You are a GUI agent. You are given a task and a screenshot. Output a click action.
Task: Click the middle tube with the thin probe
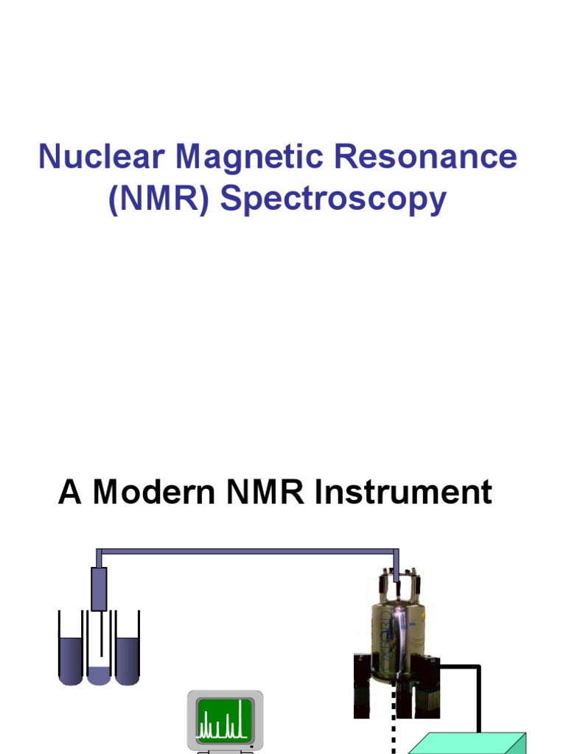pyautogui.click(x=99, y=655)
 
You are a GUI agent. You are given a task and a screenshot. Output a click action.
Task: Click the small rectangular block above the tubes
pyautogui.click(x=99, y=588)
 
